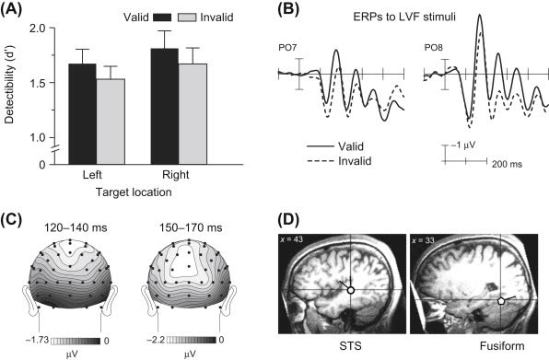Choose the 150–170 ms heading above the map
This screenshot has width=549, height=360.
[188, 226]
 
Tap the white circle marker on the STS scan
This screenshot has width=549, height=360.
[349, 290]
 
